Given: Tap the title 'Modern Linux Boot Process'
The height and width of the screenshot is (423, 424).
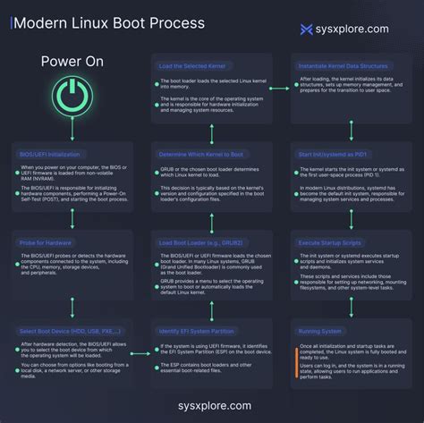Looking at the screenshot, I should coord(107,21).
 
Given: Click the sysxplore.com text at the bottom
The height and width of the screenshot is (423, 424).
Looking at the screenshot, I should coord(211,406).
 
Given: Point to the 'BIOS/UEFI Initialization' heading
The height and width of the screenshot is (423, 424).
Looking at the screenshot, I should coord(52,154).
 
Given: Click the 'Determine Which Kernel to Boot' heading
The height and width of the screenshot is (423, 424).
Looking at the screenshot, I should coord(201,154).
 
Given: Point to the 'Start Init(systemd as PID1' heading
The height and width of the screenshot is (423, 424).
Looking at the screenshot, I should coord(335,154).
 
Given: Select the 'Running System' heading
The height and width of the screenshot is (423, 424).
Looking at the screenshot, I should coord(320,330).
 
